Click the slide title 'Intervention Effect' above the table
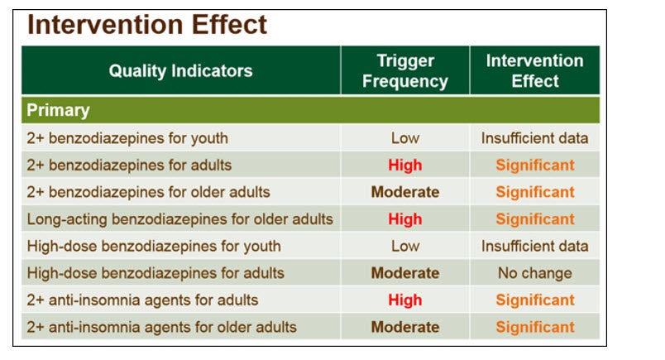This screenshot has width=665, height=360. tap(147, 25)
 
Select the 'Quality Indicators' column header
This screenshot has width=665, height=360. tap(180, 71)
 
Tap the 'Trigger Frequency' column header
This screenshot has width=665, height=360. tap(405, 71)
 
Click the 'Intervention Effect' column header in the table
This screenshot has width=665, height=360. tap(535, 71)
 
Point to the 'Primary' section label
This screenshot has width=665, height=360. tap(58, 110)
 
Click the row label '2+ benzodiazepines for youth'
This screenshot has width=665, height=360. tap(127, 138)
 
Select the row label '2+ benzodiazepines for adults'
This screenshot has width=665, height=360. tap(129, 166)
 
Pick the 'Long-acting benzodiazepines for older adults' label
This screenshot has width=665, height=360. tap(179, 219)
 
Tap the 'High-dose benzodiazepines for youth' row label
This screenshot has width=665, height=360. tap(154, 247)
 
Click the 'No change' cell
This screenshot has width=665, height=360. tap(535, 273)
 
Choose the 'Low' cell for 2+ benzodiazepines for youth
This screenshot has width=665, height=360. tap(405, 138)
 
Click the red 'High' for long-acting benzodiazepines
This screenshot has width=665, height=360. tap(405, 219)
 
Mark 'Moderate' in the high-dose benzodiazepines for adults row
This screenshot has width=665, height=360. tap(405, 273)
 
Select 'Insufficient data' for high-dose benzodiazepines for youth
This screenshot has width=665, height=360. tap(535, 247)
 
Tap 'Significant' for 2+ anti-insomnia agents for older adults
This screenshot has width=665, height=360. tap(535, 328)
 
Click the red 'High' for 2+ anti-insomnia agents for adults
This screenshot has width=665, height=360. tap(405, 300)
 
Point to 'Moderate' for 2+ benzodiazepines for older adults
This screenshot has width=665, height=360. tap(405, 192)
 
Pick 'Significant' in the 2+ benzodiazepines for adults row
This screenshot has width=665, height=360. tap(535, 166)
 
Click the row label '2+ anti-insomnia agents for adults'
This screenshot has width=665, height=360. tap(142, 300)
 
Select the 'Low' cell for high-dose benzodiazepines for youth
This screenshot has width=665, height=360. tap(405, 247)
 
